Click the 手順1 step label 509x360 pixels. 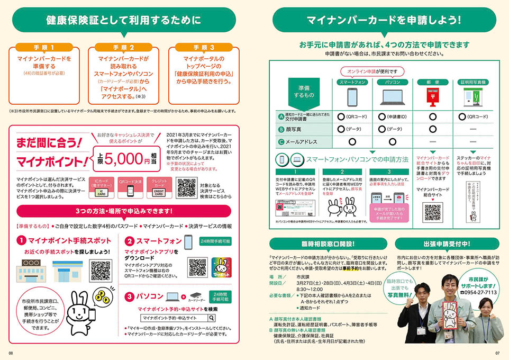click(42, 48)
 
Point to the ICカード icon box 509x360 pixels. click(101, 186)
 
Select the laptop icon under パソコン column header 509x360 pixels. click(392, 98)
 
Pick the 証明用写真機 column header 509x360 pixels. click(472, 82)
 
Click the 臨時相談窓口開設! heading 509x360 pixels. click(324, 244)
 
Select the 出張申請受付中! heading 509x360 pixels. click(447, 244)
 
